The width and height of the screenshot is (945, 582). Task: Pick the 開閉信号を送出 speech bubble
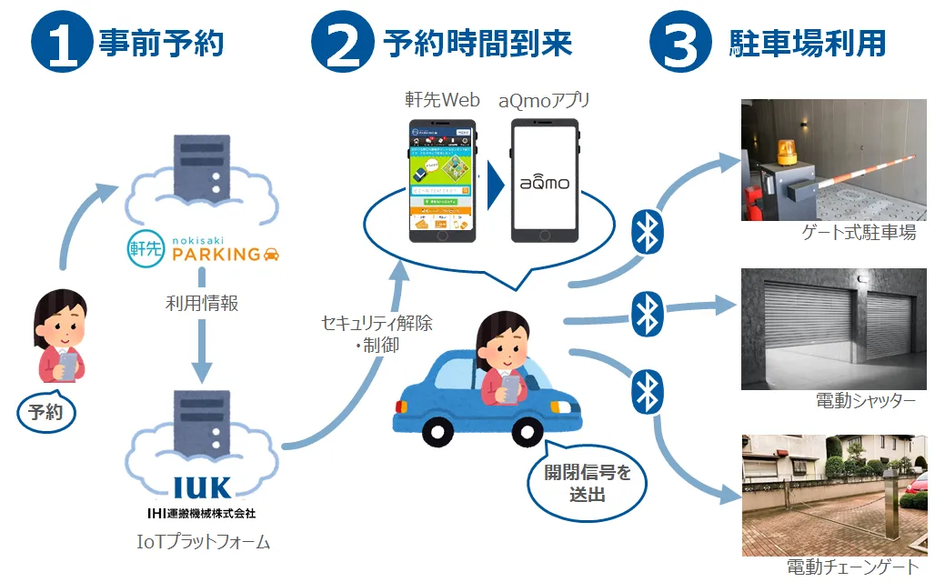(588, 484)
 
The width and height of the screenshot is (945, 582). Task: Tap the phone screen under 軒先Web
(440, 179)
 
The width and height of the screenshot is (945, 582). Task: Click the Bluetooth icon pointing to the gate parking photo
(647, 234)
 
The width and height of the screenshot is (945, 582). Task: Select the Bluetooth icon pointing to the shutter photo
(645, 315)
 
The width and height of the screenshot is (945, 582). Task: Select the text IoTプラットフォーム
(201, 543)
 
